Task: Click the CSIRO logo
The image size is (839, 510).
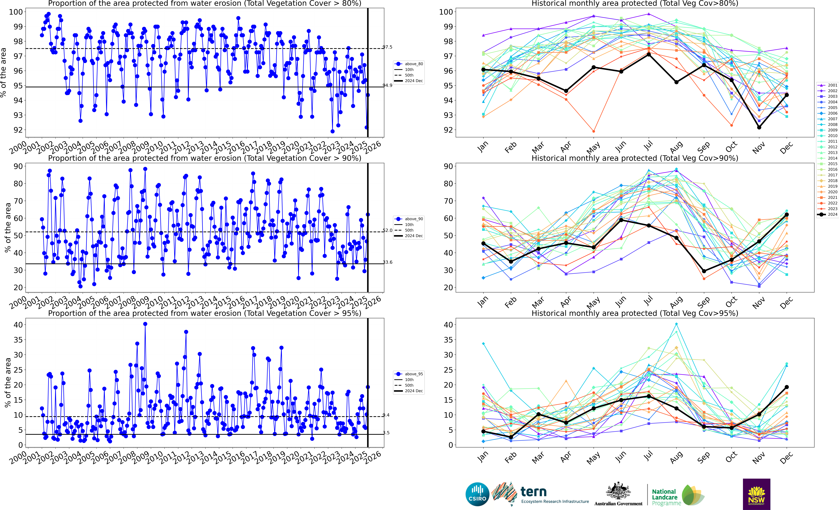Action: [477, 494]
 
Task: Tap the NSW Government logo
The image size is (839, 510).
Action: [756, 494]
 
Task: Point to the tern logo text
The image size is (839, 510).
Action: [534, 492]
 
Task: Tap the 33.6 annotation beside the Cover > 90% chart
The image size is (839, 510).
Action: [387, 262]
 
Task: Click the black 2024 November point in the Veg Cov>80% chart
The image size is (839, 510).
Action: [759, 127]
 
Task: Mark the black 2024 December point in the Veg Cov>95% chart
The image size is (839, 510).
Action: [787, 387]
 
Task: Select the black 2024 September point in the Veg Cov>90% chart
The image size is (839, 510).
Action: [704, 271]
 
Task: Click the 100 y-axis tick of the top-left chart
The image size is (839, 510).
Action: [16, 12]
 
